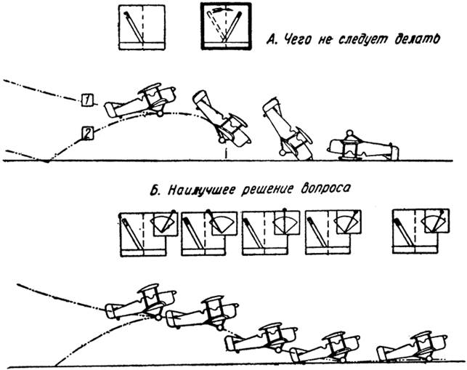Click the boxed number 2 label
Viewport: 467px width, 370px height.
point(85,133)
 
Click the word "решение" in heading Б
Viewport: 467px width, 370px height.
point(266,192)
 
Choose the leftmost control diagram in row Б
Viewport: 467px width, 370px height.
point(147,233)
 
